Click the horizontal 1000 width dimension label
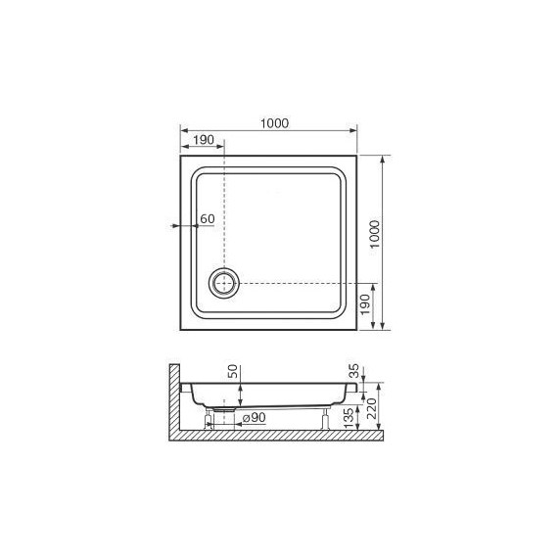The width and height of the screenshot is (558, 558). (274, 122)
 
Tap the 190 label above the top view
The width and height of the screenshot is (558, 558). (203, 141)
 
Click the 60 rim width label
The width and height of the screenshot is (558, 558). (207, 218)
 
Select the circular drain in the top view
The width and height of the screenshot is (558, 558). (224, 284)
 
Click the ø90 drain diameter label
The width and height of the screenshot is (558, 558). (255, 419)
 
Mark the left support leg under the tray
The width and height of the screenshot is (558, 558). (208, 420)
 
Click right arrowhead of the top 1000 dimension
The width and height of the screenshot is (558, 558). (353, 130)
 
